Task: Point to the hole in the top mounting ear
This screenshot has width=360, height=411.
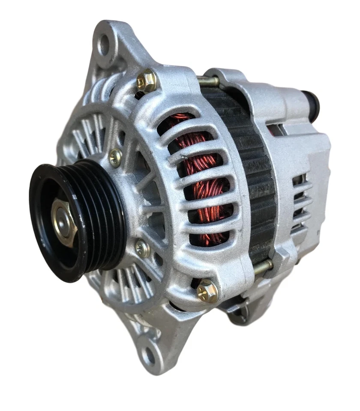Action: tap(104, 45)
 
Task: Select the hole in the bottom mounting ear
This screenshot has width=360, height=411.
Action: tap(149, 354)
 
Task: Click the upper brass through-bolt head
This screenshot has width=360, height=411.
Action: tap(147, 80)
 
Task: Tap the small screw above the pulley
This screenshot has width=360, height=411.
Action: tap(115, 158)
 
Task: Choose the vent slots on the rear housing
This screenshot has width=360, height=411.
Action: tap(300, 201)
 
